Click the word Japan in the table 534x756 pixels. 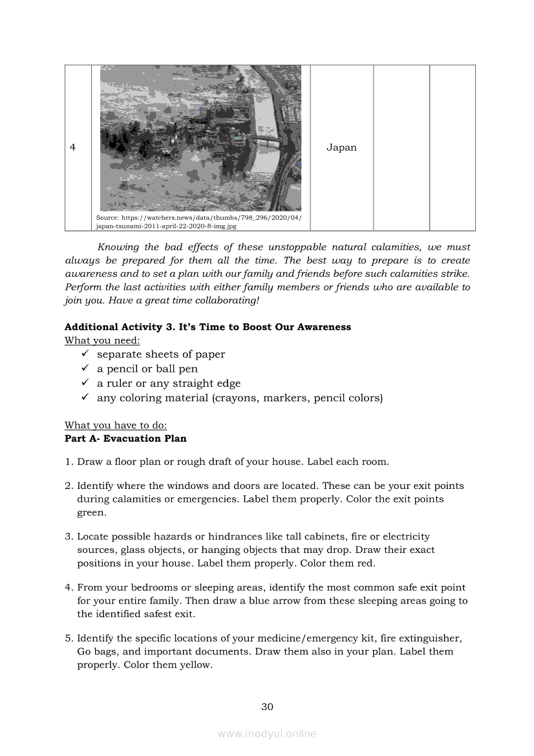pos(341,147)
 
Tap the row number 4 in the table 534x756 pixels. pos(72,147)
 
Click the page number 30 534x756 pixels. pos(267,707)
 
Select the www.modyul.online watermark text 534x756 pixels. pos(267,733)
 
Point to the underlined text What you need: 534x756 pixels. pos(102,340)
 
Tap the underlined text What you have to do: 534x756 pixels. pos(116,425)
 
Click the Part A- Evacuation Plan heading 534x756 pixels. pos(125,438)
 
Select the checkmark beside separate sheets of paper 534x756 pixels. pos(85,354)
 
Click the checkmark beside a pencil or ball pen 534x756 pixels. pos(85,368)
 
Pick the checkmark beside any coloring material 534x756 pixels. pos(85,398)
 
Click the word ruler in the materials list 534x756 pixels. pos(119,383)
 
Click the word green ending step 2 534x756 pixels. pos(91,513)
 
